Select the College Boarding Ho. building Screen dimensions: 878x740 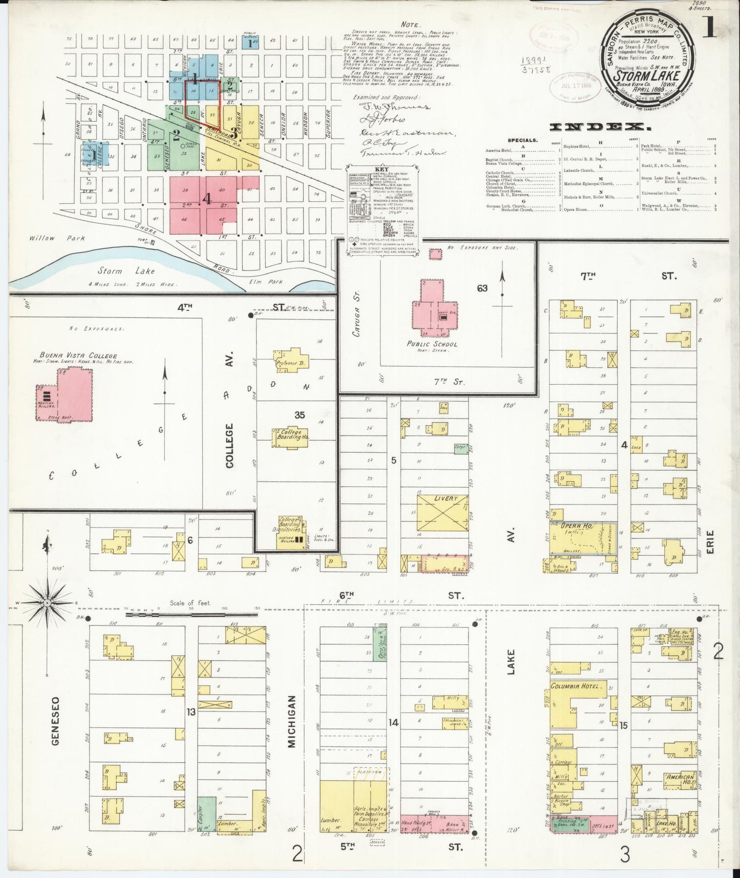point(290,435)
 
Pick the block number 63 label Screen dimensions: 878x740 point(482,288)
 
